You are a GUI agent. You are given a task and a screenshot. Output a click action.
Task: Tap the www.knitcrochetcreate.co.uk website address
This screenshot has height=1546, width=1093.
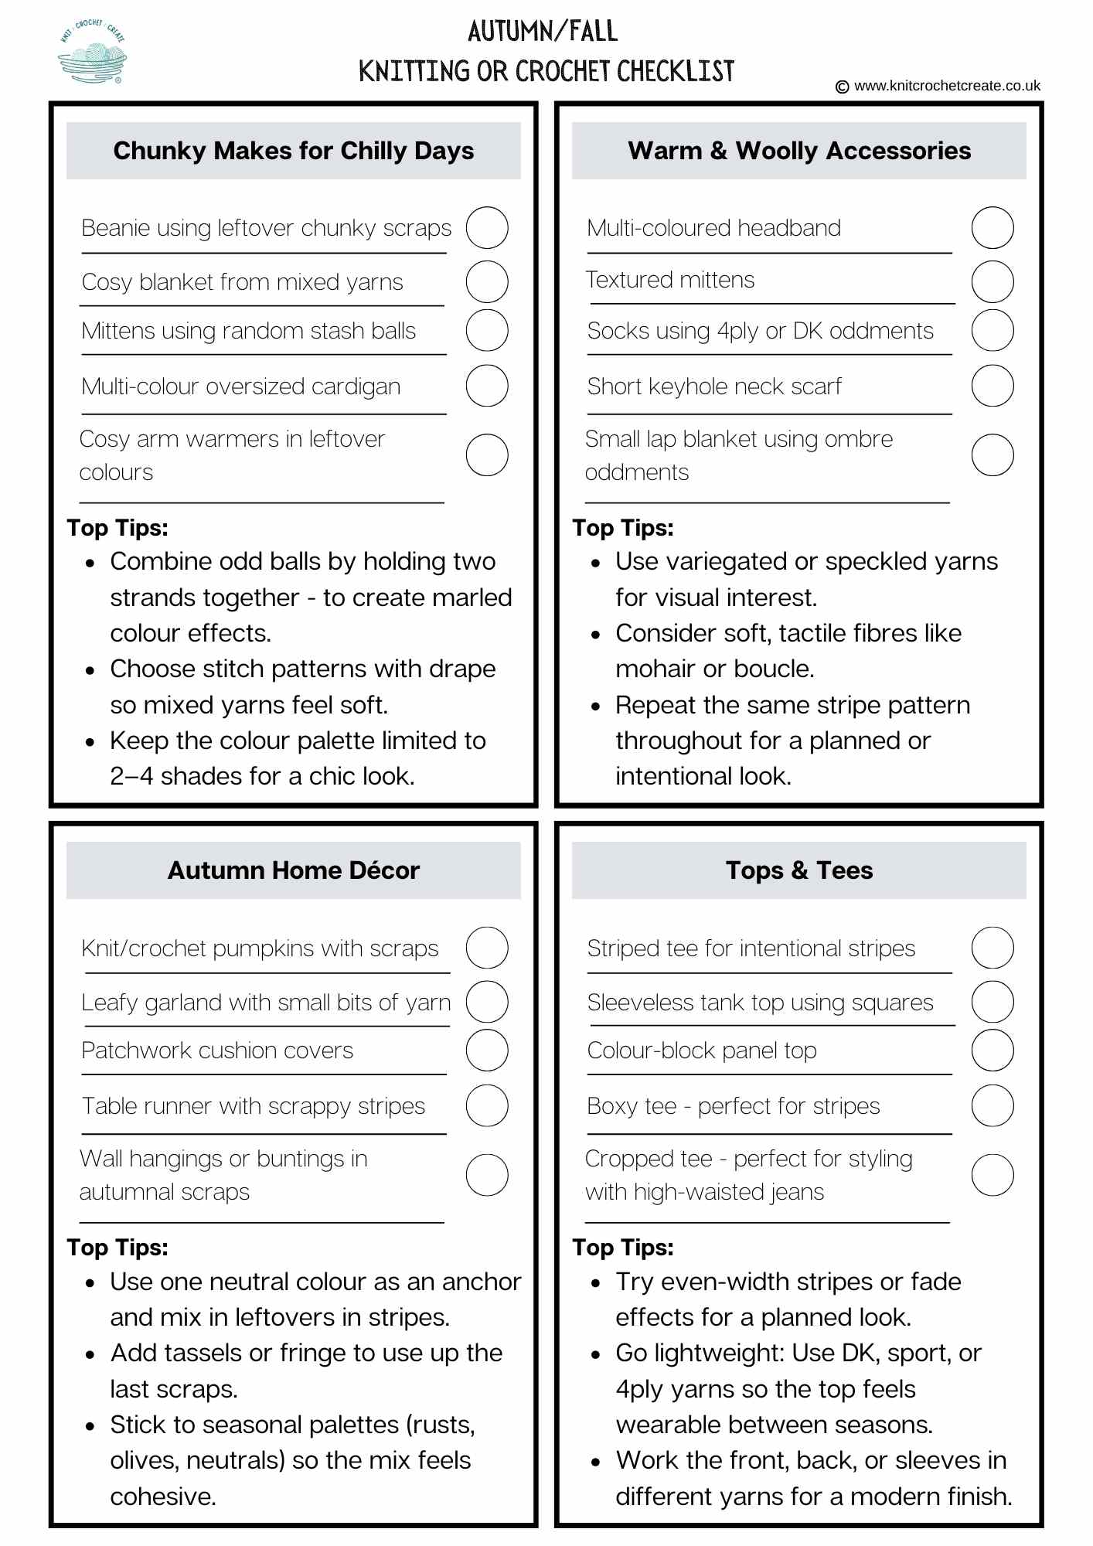[x=947, y=86]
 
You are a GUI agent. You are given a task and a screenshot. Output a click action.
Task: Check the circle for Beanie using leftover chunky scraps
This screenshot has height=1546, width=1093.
[x=487, y=228]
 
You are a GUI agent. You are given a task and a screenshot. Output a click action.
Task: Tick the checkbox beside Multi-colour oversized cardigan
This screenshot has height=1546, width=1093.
[x=487, y=386]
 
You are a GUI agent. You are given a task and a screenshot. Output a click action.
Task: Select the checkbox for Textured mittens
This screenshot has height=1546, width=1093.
[x=993, y=281]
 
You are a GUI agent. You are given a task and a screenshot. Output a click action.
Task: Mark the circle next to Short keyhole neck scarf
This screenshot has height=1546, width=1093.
[x=993, y=386]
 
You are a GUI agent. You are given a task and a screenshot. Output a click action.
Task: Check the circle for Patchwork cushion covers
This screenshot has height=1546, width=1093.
[x=487, y=1050]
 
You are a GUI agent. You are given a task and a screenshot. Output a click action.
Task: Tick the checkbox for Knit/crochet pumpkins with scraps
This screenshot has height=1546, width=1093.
[x=487, y=948]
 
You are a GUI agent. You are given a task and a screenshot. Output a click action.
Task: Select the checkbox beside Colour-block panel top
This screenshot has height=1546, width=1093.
[x=993, y=1050]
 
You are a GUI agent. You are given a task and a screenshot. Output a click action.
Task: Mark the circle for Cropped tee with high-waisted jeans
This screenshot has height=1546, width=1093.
[x=993, y=1175]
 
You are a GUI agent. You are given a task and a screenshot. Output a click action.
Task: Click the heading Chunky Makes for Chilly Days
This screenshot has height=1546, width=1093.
[x=294, y=151]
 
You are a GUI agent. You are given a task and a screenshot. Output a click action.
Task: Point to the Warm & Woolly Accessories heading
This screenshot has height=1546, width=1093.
[x=799, y=151]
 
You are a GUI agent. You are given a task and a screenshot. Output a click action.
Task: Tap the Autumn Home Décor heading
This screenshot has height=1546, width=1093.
[x=294, y=870]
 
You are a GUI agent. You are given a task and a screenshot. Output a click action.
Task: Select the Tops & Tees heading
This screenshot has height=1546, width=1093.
[x=799, y=870]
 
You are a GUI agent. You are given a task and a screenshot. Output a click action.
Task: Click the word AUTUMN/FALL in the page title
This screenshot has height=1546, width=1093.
[x=543, y=32]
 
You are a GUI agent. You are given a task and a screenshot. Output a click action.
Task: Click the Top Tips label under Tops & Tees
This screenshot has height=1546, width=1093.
[x=623, y=1248]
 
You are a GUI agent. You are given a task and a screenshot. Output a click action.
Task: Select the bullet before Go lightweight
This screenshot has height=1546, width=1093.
[x=595, y=1354]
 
